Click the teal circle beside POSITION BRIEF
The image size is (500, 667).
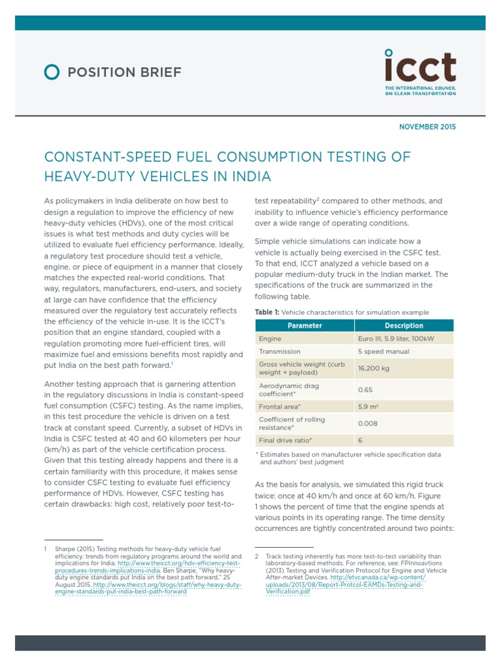pyautogui.click(x=52, y=72)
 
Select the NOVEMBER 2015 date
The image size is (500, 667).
pyautogui.click(x=427, y=126)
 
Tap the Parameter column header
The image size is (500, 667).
pyautogui.click(x=305, y=326)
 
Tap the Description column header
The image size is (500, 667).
pyautogui.click(x=404, y=326)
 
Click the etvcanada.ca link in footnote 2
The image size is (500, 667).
pyautogui.click(x=378, y=578)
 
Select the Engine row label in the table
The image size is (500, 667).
pyautogui.click(x=270, y=339)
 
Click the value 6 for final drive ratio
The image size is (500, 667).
pyautogui.click(x=361, y=440)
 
